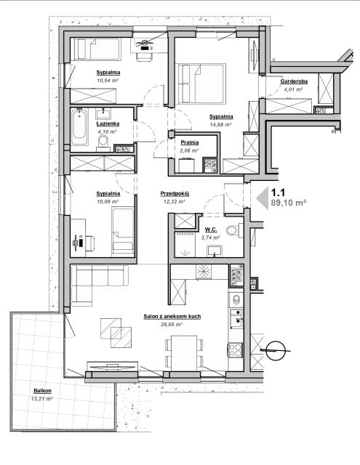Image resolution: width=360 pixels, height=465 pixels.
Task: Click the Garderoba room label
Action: (x=294, y=81)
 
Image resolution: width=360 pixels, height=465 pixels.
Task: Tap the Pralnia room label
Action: (x=190, y=142)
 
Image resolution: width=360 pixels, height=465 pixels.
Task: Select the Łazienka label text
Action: (x=108, y=124)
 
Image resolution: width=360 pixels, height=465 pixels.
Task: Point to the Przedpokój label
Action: (x=175, y=194)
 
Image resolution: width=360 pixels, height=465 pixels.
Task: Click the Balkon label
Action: (x=42, y=391)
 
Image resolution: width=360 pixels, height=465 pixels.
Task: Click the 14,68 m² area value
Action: (x=220, y=124)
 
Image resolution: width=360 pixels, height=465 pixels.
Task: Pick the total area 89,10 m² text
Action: (x=289, y=203)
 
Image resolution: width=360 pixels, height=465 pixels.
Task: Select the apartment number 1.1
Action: (x=278, y=193)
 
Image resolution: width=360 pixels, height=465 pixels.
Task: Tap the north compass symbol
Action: (x=275, y=350)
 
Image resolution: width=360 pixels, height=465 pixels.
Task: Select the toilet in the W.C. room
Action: (x=234, y=231)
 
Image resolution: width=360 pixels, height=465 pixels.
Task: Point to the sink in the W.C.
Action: (x=215, y=251)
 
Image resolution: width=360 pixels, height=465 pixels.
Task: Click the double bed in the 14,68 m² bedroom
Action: (x=201, y=84)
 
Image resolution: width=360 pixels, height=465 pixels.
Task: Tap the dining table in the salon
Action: (x=184, y=353)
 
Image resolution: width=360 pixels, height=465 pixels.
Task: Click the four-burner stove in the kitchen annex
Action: (x=236, y=349)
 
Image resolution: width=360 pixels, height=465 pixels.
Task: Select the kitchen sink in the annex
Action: (x=236, y=318)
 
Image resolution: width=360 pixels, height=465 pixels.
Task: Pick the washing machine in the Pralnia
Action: (x=186, y=166)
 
